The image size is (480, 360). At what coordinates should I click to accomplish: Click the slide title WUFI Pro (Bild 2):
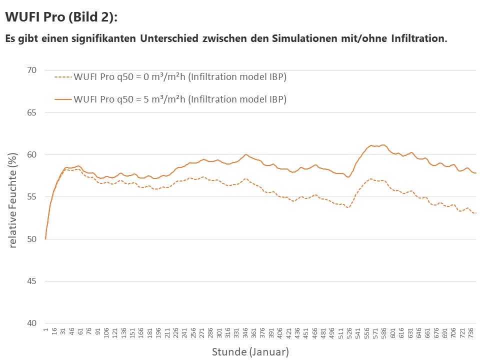(61, 17)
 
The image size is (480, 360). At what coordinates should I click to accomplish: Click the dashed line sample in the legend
(63, 77)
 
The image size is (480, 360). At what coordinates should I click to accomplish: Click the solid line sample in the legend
(63, 99)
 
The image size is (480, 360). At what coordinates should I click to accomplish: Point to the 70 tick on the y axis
(31, 70)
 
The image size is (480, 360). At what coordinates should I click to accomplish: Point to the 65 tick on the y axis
(31, 112)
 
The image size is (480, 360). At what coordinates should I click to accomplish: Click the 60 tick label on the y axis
(31, 154)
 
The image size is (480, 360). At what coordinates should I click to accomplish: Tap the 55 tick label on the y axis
(31, 197)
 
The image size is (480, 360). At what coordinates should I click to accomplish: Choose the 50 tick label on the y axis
(31, 239)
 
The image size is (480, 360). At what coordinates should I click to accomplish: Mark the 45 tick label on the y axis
(31, 281)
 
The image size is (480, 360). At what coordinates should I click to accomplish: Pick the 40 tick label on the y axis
(31, 323)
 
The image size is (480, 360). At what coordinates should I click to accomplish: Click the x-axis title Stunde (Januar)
(250, 352)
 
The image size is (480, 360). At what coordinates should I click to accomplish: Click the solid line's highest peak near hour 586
(383, 145)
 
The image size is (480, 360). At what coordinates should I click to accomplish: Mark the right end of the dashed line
(475, 213)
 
